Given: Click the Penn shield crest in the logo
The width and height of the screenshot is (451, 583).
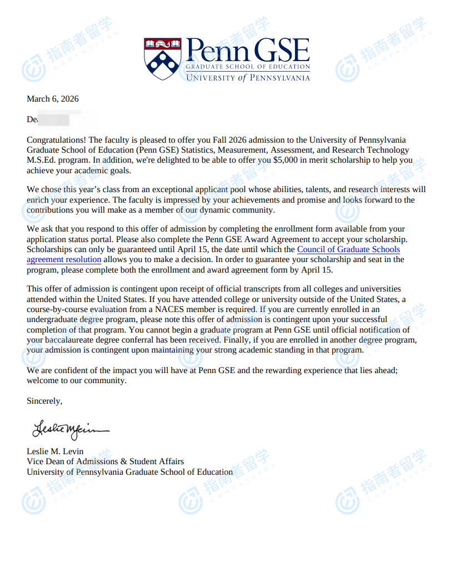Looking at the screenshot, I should [x=162, y=58].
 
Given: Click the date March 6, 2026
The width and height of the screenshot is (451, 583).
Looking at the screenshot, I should [x=53, y=99].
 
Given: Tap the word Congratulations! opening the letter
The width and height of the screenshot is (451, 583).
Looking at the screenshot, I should [x=56, y=140].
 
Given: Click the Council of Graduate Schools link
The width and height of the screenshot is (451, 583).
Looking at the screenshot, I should [x=348, y=249].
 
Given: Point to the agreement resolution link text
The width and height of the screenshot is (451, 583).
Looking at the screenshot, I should [x=64, y=259].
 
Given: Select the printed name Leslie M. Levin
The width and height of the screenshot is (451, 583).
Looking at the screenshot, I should [x=55, y=451].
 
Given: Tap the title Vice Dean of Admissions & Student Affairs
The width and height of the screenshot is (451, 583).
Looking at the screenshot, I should [x=105, y=461].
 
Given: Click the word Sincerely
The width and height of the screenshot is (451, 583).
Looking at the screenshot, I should [x=44, y=400].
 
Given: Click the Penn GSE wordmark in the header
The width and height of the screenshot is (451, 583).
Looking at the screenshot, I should [x=248, y=51].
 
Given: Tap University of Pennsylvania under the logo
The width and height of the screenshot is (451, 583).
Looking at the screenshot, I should [x=248, y=78].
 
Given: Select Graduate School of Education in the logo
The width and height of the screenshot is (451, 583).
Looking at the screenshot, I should [x=248, y=67].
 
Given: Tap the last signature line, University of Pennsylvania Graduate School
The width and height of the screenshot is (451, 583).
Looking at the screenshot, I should [x=129, y=472].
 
